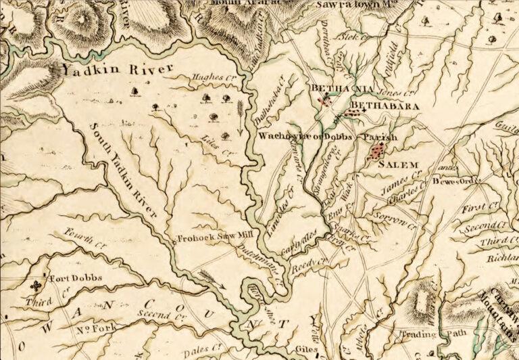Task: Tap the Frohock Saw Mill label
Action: coord(206,238)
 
